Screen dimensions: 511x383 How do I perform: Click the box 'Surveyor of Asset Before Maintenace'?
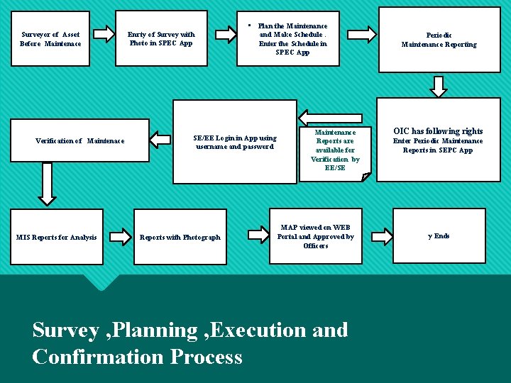(50, 38)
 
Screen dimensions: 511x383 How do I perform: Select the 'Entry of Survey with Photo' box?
(161, 38)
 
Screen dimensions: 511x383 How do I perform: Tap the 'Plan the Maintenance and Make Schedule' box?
(292, 40)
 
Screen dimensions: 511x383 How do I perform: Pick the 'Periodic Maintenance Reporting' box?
(439, 40)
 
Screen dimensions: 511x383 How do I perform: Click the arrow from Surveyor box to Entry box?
(104, 33)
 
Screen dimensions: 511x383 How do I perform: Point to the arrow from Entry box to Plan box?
(226, 33)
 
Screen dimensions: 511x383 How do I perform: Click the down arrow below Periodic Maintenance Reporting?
(439, 86)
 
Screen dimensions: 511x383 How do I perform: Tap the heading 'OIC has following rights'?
(438, 131)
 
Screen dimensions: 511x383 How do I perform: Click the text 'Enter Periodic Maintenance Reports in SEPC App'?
(438, 145)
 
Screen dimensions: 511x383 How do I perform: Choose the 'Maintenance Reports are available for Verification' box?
(335, 150)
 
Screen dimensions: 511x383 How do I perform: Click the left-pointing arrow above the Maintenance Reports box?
(321, 117)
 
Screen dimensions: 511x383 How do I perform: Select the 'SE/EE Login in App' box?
(235, 142)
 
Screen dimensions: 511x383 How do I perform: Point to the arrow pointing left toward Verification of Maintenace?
(160, 140)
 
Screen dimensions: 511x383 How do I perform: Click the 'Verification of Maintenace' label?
(79, 140)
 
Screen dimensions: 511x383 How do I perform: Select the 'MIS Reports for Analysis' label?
(56, 237)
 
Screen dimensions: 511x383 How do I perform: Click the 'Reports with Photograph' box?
(180, 237)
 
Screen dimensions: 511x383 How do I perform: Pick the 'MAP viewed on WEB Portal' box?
(315, 236)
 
